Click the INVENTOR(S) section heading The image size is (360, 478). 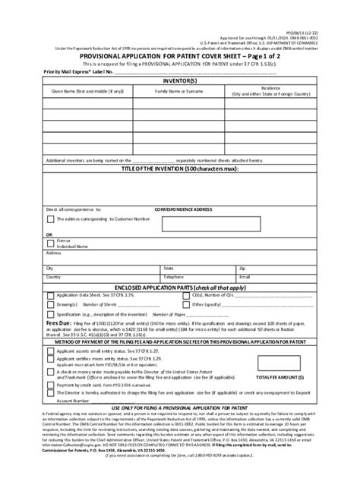tap(179, 78)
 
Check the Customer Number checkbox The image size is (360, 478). tap(50, 218)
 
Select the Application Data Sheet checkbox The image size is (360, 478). tap(50, 294)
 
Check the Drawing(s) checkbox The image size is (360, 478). tap(50, 303)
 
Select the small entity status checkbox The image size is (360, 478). tap(50, 352)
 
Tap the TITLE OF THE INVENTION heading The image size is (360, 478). tap(179, 168)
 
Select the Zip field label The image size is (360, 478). tap(242, 268)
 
